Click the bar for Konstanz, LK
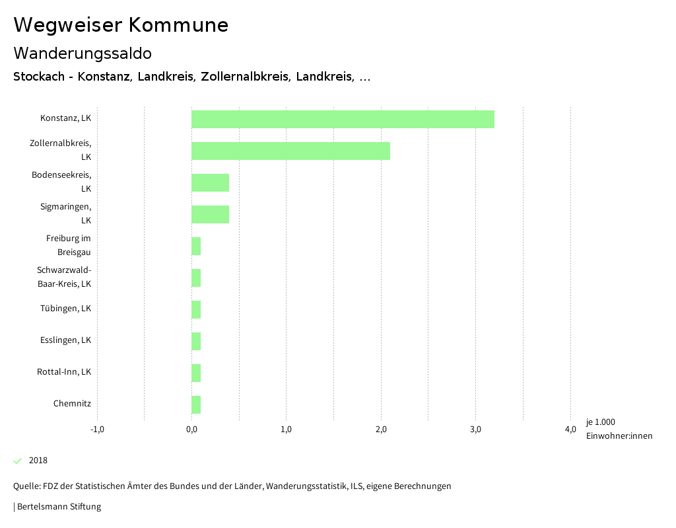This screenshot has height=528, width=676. pos(343,119)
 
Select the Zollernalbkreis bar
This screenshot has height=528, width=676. pos(290,151)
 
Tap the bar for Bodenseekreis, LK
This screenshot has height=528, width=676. pos(210,182)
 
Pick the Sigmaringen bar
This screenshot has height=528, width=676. pos(210,214)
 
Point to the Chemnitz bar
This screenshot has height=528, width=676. pos(196,404)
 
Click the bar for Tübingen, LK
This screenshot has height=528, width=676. pos(196,309)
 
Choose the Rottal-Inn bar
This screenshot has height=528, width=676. pos(196,373)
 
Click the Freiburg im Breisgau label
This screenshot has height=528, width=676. pos(68,245)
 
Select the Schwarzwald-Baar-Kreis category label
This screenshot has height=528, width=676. pos(64,277)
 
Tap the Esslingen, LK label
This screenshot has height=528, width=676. pos(65,340)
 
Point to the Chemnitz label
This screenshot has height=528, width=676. pos(72,404)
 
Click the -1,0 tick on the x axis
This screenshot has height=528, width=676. pos(97,430)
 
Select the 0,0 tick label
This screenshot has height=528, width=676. pos(191,430)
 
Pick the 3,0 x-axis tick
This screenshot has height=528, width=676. pos(475,430)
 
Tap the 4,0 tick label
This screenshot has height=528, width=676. pos(570,430)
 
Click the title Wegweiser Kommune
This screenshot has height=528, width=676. pos(121,25)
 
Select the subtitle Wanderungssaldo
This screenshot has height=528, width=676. pos(83,53)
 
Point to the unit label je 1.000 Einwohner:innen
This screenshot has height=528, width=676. pos(619,429)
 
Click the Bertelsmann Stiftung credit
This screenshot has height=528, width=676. pos(58,507)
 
